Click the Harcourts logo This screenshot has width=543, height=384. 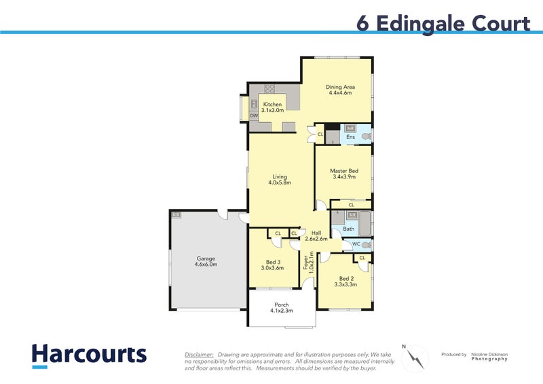point(89,356)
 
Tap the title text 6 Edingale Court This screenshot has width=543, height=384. point(443,23)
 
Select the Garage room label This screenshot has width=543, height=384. point(206,262)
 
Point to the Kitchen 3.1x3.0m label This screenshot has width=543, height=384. point(272,107)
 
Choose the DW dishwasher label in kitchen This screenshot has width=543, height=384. point(254,116)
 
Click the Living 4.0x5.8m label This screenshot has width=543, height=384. point(280,179)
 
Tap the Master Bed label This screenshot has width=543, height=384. point(344,174)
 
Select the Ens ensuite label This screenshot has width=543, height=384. point(350,138)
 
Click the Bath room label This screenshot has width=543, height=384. point(348,229)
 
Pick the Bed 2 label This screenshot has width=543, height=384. point(346,282)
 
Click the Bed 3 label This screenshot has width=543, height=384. point(271,264)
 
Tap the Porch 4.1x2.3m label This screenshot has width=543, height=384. point(282,308)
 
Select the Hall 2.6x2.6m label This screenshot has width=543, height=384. point(316,235)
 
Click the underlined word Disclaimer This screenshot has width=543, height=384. point(199,354)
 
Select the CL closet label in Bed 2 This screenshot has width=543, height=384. point(362,258)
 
